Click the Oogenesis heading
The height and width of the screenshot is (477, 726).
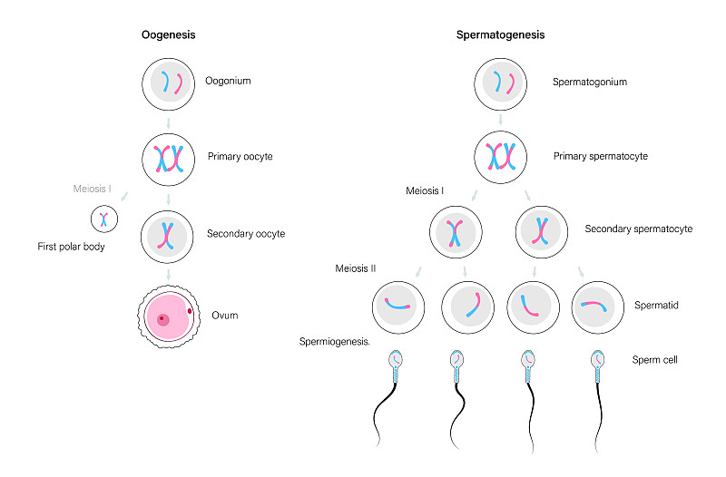[169, 35]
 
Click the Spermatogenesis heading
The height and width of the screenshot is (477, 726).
[500, 35]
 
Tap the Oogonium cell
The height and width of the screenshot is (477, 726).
[169, 84]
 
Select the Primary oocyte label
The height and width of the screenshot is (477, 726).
[240, 157]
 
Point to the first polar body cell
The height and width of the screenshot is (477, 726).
[104, 219]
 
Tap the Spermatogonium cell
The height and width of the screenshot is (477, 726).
[501, 84]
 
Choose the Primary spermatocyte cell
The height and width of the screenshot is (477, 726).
[501, 157]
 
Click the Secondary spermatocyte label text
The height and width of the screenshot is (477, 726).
[638, 229]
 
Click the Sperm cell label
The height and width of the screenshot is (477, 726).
[655, 360]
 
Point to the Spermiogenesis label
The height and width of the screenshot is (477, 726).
[334, 342]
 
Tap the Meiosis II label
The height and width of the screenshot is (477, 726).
[355, 268]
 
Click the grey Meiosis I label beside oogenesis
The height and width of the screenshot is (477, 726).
[93, 190]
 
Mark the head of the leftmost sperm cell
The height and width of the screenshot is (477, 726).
[397, 362]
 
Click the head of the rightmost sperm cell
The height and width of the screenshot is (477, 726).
[599, 362]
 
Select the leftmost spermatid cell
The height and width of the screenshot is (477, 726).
[397, 307]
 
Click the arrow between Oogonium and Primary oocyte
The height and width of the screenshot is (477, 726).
[169, 121]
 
